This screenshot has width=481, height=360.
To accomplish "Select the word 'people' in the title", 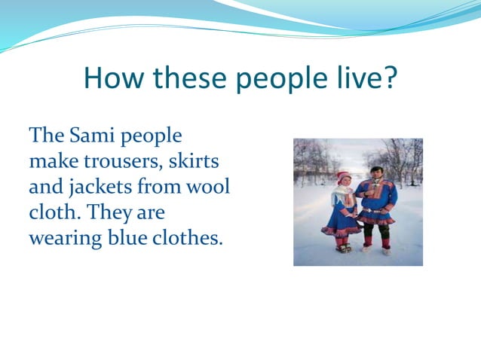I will [x=268, y=78].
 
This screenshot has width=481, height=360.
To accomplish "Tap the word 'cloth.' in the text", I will [x=55, y=213].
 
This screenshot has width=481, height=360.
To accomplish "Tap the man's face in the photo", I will [x=376, y=173].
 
